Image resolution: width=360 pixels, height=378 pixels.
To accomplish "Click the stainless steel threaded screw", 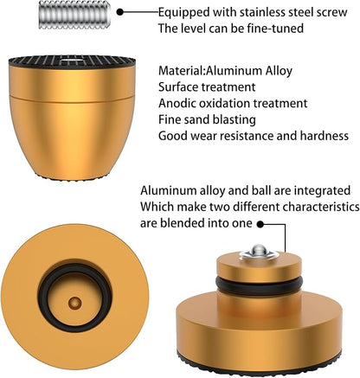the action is (74, 15).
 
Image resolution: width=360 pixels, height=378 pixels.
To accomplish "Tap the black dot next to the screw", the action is (120, 12).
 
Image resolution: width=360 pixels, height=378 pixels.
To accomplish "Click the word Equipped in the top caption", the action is (183, 12).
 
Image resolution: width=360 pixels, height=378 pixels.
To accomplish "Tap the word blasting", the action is (234, 120).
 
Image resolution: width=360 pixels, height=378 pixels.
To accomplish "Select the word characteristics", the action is (321, 207).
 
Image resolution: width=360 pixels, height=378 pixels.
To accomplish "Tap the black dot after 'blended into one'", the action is (260, 224).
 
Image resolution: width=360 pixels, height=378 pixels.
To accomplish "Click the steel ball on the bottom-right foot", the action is (259, 250).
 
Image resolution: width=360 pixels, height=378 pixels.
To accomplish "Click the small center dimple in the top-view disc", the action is (74, 303).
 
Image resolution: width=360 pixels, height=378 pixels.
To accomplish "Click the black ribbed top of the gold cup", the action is (72, 61).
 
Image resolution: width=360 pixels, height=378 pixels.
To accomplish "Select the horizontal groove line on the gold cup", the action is (72, 98).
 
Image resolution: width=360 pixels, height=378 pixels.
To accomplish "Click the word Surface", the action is (177, 86).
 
